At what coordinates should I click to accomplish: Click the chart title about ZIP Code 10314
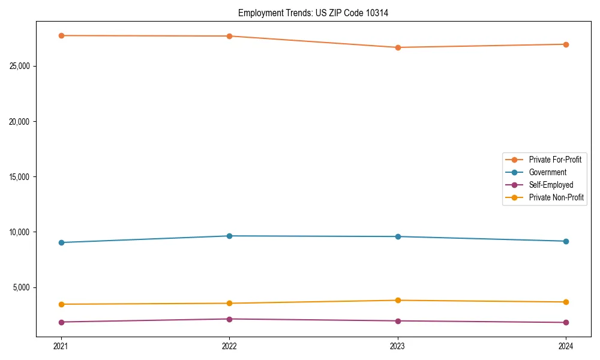tap(313, 13)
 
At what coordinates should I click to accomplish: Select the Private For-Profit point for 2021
tap(61, 35)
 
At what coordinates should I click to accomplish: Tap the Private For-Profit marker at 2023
tap(398, 47)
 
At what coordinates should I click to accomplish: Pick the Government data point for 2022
tap(229, 236)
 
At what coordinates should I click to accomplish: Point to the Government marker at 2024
tap(566, 241)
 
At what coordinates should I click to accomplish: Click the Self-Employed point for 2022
tap(229, 319)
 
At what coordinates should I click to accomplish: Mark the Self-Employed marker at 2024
tap(566, 323)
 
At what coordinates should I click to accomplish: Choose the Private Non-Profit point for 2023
tap(398, 301)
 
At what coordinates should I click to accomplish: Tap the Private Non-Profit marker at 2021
tap(61, 304)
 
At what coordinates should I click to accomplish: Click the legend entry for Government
tap(547, 172)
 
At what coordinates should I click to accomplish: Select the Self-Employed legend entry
tap(551, 185)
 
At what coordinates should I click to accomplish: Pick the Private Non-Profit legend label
tap(556, 197)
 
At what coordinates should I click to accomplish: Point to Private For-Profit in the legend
tap(555, 160)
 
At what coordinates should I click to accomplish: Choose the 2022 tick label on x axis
tap(229, 346)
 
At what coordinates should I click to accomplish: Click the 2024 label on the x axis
tap(566, 346)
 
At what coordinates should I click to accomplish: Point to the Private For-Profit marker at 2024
tap(566, 44)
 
